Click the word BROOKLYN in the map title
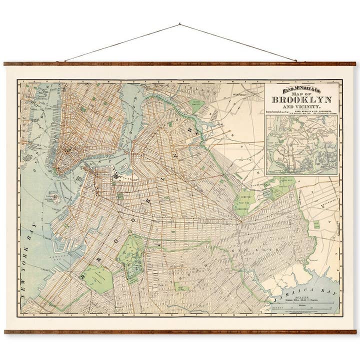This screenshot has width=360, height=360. tap(302, 99)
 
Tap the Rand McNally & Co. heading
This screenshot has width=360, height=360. tap(302, 89)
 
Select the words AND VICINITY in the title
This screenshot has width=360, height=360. tap(302, 107)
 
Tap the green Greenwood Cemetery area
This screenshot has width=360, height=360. tap(97, 278)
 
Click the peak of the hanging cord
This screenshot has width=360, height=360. tap(180, 23)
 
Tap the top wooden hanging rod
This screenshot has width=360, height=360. tap(180, 64)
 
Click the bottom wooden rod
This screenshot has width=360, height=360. tap(180, 331)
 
